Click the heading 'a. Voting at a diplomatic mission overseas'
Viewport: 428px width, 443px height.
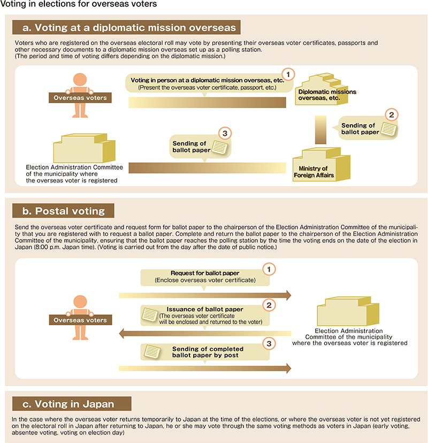point(126,27)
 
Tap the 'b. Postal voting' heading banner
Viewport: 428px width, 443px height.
point(63,211)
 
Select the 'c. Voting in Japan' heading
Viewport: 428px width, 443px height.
point(72,404)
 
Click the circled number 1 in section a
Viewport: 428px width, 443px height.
point(288,74)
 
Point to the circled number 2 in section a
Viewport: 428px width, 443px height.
point(391,115)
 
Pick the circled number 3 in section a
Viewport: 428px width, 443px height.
point(225,133)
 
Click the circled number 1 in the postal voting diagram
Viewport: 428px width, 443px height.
point(269,269)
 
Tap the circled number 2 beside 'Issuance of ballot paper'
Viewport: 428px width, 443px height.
point(269,305)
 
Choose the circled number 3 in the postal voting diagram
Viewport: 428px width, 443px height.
point(269,343)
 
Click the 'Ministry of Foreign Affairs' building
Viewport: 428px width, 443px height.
point(322,164)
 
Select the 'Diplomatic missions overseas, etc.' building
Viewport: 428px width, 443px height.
point(322,89)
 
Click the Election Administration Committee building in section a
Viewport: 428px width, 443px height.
point(84,148)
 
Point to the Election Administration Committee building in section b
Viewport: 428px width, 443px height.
point(348,311)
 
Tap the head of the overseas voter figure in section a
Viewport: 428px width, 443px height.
point(80,79)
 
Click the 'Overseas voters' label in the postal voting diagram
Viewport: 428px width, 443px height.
point(80,320)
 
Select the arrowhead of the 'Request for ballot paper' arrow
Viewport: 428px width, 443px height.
point(288,295)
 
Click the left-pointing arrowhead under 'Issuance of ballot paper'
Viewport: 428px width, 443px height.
point(122,333)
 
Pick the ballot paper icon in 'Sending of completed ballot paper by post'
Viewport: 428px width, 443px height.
point(152,352)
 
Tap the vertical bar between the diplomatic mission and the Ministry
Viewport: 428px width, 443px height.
point(320,129)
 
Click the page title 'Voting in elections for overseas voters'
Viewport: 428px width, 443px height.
point(79,4)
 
